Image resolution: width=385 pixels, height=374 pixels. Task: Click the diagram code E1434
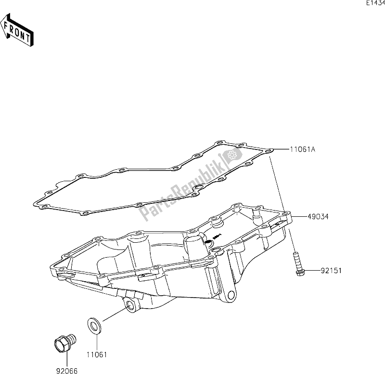coord(374,3)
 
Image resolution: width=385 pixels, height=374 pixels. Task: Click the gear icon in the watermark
coord(231,155)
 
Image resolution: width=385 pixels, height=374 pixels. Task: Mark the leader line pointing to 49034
coord(298,217)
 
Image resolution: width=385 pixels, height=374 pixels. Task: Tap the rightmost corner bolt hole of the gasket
coord(269,150)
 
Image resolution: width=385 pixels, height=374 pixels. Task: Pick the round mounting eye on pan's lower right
coord(231,295)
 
